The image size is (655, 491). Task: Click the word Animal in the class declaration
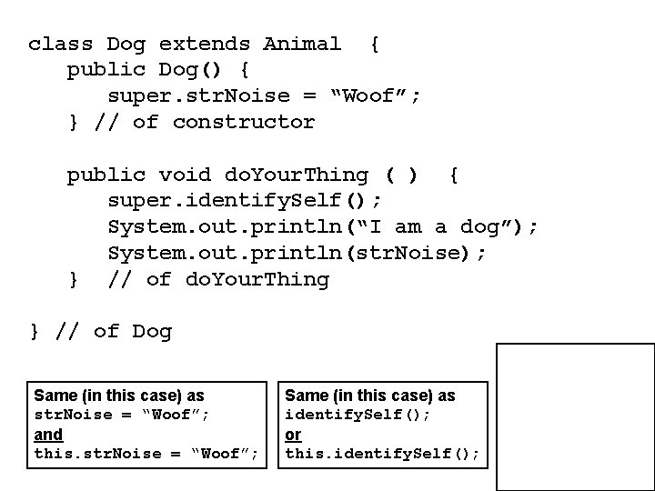tap(302, 44)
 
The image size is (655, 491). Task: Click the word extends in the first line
tap(205, 44)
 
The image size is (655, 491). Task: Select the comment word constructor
tap(244, 122)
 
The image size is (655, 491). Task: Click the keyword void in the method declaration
tap(185, 175)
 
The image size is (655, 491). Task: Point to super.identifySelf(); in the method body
tap(245, 200)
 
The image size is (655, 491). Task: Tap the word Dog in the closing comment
tap(152, 331)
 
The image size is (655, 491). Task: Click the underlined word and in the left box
tap(48, 435)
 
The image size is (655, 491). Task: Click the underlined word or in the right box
tap(293, 435)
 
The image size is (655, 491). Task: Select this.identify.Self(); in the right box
tap(382, 454)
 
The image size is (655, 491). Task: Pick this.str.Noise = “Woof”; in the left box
tap(146, 454)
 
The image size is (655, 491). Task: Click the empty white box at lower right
tap(575, 416)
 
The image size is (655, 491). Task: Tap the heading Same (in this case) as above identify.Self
tap(370, 396)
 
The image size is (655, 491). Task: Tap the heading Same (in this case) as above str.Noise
tap(119, 396)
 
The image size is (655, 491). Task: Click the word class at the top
tap(60, 44)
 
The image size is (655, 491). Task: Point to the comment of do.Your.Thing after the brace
tap(218, 279)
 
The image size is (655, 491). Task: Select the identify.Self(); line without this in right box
tap(358, 415)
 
